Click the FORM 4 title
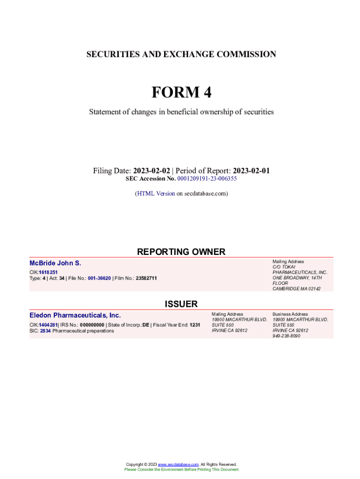coord(181,93)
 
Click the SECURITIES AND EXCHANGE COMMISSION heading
coord(181,54)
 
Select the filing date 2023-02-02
coord(151,171)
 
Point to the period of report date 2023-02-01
coord(251,171)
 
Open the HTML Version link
coord(156,193)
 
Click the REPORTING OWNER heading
coord(181,252)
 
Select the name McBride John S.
coord(55,263)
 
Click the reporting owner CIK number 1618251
coord(48,272)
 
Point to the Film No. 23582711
coord(146,278)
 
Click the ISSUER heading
coord(181,304)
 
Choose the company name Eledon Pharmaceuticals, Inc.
coord(75,315)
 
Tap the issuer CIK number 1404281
coord(48,325)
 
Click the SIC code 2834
coord(45,331)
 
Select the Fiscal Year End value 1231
coord(195,325)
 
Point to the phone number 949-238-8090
coord(287,336)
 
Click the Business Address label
coord(290,314)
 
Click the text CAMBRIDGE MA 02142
coord(296,289)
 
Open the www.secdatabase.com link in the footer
coord(179,464)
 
